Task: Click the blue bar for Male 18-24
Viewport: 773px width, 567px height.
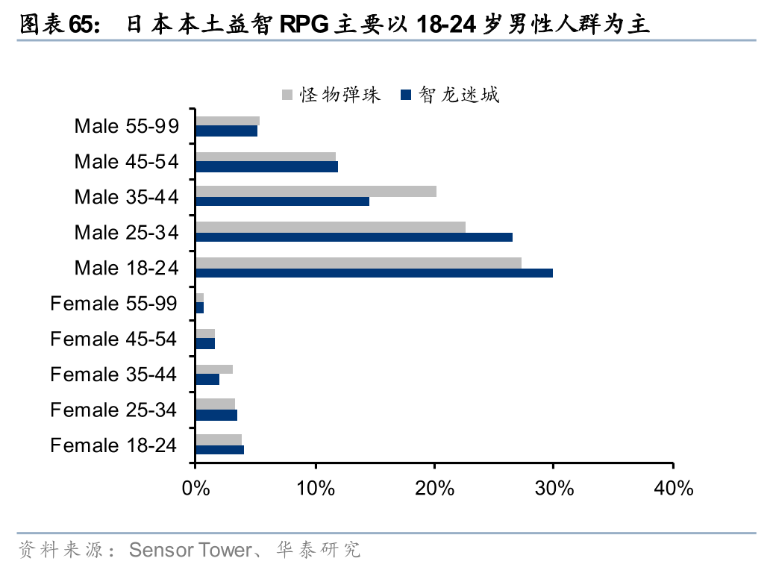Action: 374,273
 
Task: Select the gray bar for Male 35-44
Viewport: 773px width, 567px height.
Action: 316,192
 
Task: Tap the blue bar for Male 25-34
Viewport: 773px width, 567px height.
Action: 354,237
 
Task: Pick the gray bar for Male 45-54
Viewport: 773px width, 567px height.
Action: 266,157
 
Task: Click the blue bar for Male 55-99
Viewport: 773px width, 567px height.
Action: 226,131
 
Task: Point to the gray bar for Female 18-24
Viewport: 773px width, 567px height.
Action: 219,439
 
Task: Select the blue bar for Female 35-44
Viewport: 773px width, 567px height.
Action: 207,380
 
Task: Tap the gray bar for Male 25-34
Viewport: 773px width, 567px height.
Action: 331,227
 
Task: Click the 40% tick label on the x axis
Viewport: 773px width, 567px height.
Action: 673,489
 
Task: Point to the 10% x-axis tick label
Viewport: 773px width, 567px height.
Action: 316,489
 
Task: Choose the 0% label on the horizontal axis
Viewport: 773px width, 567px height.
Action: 195,489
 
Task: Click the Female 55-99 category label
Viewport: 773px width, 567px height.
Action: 113,304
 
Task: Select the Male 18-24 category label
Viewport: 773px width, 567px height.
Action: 126,268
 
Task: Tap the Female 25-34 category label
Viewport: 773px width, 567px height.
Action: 113,410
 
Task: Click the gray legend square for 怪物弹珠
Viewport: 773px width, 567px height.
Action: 287,95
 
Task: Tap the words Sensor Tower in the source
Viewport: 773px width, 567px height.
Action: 191,551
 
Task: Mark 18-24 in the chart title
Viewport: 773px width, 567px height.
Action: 446,25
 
